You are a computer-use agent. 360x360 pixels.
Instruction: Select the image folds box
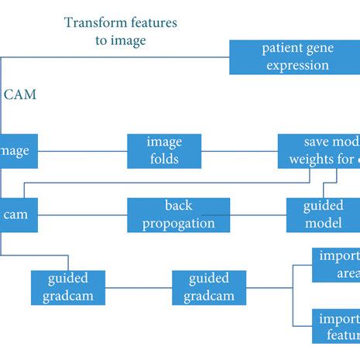[164, 151]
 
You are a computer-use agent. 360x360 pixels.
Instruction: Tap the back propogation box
[178, 214]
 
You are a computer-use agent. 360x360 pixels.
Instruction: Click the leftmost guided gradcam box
[68, 287]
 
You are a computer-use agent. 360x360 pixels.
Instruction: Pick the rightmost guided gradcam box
[209, 287]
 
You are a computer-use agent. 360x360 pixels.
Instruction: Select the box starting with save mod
[319, 151]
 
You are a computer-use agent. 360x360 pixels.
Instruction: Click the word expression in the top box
[297, 65]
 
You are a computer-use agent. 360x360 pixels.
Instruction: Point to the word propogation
[178, 223]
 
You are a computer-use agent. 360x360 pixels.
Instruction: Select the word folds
[165, 159]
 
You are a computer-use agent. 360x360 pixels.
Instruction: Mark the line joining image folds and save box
[240, 151]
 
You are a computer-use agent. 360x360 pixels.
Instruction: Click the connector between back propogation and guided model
[259, 214]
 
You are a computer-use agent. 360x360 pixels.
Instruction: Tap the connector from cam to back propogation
[82, 214]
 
